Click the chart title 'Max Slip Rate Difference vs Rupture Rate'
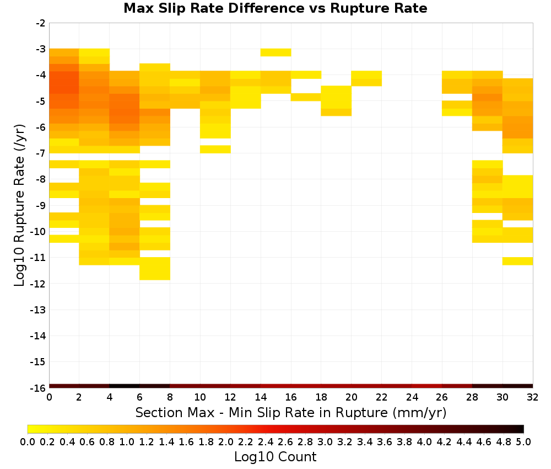pos(275,8)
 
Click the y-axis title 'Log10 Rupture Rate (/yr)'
pos(19,205)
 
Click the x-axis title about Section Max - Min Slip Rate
pos(290,413)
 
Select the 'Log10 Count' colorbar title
pos(275,457)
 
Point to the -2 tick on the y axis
pos(41,23)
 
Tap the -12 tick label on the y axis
pos(39,284)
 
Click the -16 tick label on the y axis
pos(39,388)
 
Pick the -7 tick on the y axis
pos(41,153)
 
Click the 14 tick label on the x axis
pos(261,397)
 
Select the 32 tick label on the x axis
pos(532,397)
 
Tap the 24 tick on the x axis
pos(412,397)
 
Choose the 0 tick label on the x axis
pos(49,397)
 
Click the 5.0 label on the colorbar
pos(523,441)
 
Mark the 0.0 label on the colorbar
pos(28,441)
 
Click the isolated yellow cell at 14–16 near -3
pos(276,52)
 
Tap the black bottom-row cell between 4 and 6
pos(125,386)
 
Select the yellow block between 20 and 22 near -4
pos(366,78)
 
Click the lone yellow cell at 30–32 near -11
pos(517,261)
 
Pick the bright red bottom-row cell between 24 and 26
pos(427,386)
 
